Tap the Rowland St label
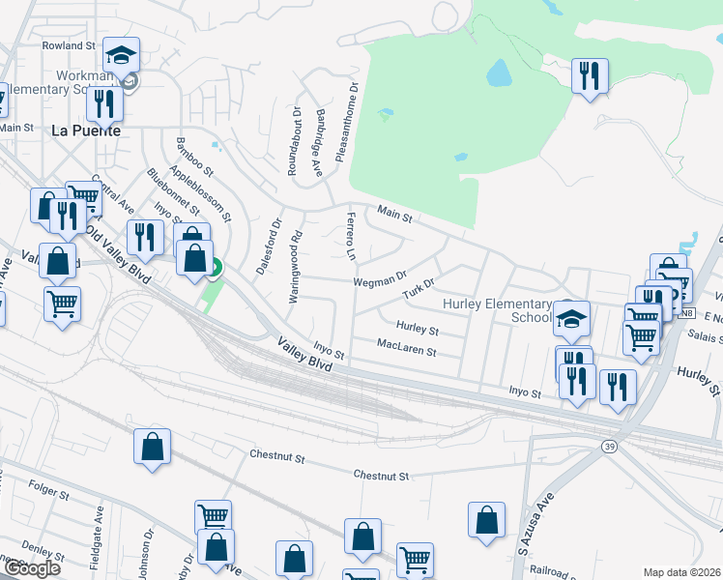point(70,45)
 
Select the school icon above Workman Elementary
point(123,56)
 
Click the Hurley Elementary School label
point(497,310)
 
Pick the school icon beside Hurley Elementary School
point(572,317)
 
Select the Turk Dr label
point(420,289)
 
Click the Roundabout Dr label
point(294,141)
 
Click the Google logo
point(32,568)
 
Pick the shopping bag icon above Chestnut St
point(153,446)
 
